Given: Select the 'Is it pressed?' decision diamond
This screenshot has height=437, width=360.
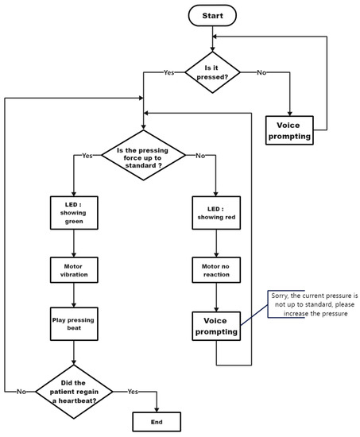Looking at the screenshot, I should pyautogui.click(x=213, y=73).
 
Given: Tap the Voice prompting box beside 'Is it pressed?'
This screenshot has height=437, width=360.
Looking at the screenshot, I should pyautogui.click(x=288, y=130).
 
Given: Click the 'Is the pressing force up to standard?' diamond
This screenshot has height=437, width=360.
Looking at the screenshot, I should pyautogui.click(x=143, y=156).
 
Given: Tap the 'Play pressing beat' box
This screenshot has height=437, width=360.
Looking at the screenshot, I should pyautogui.click(x=74, y=325).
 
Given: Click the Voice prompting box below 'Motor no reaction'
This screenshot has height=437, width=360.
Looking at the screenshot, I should pyautogui.click(x=216, y=326).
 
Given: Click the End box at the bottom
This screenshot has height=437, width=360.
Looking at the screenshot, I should pyautogui.click(x=156, y=420).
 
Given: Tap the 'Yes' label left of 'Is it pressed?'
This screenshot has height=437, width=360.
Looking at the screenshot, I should pyautogui.click(x=168, y=72).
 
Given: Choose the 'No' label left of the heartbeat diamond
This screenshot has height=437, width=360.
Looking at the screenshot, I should pyautogui.click(x=23, y=390).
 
